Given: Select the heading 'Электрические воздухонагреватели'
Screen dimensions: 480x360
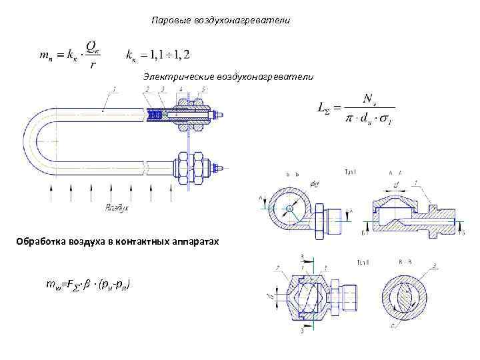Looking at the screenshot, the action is coord(228,77).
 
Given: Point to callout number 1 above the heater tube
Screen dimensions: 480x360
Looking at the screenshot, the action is coord(115,89).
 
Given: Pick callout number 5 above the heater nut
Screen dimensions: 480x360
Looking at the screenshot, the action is coord(203,89).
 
